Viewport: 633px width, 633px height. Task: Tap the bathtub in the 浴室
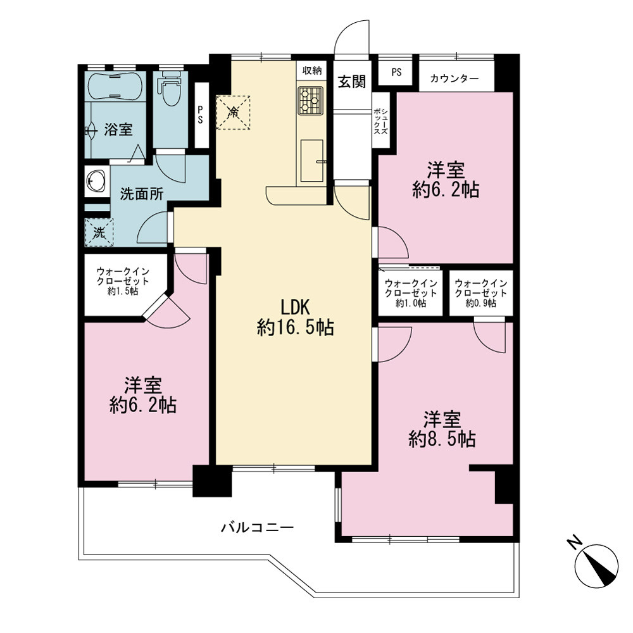tap(115, 86)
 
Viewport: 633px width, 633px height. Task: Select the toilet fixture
tap(170, 89)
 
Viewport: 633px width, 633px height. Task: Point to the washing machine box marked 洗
tap(99, 232)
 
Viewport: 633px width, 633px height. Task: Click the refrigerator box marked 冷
tap(233, 112)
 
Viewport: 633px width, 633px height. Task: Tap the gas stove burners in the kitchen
tap(310, 100)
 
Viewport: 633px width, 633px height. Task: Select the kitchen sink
tap(312, 160)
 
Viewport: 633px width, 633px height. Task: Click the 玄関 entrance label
tap(351, 82)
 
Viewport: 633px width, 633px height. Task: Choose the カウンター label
tap(454, 78)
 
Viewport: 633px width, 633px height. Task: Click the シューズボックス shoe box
tap(380, 120)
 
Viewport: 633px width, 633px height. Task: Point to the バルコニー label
tap(258, 527)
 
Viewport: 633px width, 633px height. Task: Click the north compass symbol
tap(597, 564)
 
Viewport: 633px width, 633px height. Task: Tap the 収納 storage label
tap(312, 71)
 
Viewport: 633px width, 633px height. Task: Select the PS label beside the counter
tap(396, 72)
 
